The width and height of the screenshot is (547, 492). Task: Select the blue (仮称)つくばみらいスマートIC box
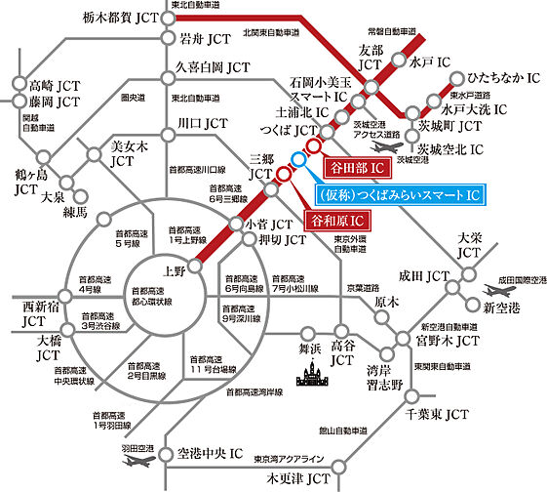(397, 195)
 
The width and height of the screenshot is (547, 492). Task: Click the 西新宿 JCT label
(33, 316)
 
